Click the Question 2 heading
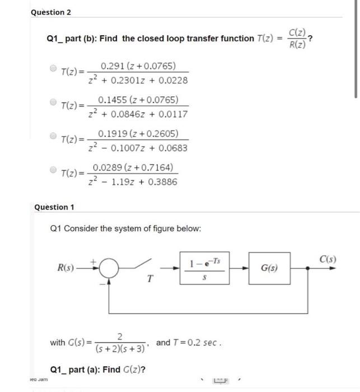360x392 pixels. click(x=51, y=12)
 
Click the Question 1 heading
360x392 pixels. click(x=54, y=207)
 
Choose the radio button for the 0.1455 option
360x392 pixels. click(x=53, y=102)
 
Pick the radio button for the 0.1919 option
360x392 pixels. click(x=53, y=136)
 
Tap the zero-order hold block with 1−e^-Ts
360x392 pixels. click(x=202, y=268)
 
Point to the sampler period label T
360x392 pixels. click(x=149, y=281)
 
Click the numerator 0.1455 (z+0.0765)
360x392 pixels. click(x=138, y=100)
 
